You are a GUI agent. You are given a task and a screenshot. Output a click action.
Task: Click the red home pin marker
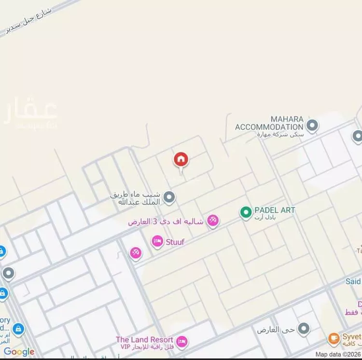[181, 159]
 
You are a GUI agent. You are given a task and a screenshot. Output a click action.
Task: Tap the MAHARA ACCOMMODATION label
[269, 123]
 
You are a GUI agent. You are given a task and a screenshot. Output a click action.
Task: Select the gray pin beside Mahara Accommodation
[312, 126]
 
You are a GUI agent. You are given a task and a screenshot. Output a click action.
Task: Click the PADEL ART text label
[274, 210]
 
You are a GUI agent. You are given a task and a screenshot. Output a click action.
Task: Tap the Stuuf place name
[175, 241]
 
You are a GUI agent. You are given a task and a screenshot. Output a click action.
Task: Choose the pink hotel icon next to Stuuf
[157, 241]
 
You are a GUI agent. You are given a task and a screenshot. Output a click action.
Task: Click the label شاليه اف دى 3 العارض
[166, 222]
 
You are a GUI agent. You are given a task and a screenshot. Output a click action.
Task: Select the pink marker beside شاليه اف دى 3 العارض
[212, 221]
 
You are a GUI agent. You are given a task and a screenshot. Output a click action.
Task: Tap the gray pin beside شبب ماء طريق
[169, 197]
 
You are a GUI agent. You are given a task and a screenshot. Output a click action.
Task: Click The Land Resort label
[144, 340]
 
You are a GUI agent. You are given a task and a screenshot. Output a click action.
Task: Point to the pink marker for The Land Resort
[181, 342]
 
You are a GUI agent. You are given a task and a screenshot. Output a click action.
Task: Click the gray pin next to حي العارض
[304, 330]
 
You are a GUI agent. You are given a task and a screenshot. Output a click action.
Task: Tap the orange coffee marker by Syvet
[334, 339]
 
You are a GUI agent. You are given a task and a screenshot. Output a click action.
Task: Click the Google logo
[19, 352]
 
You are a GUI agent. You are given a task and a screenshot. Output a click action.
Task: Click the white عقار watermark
[30, 114]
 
